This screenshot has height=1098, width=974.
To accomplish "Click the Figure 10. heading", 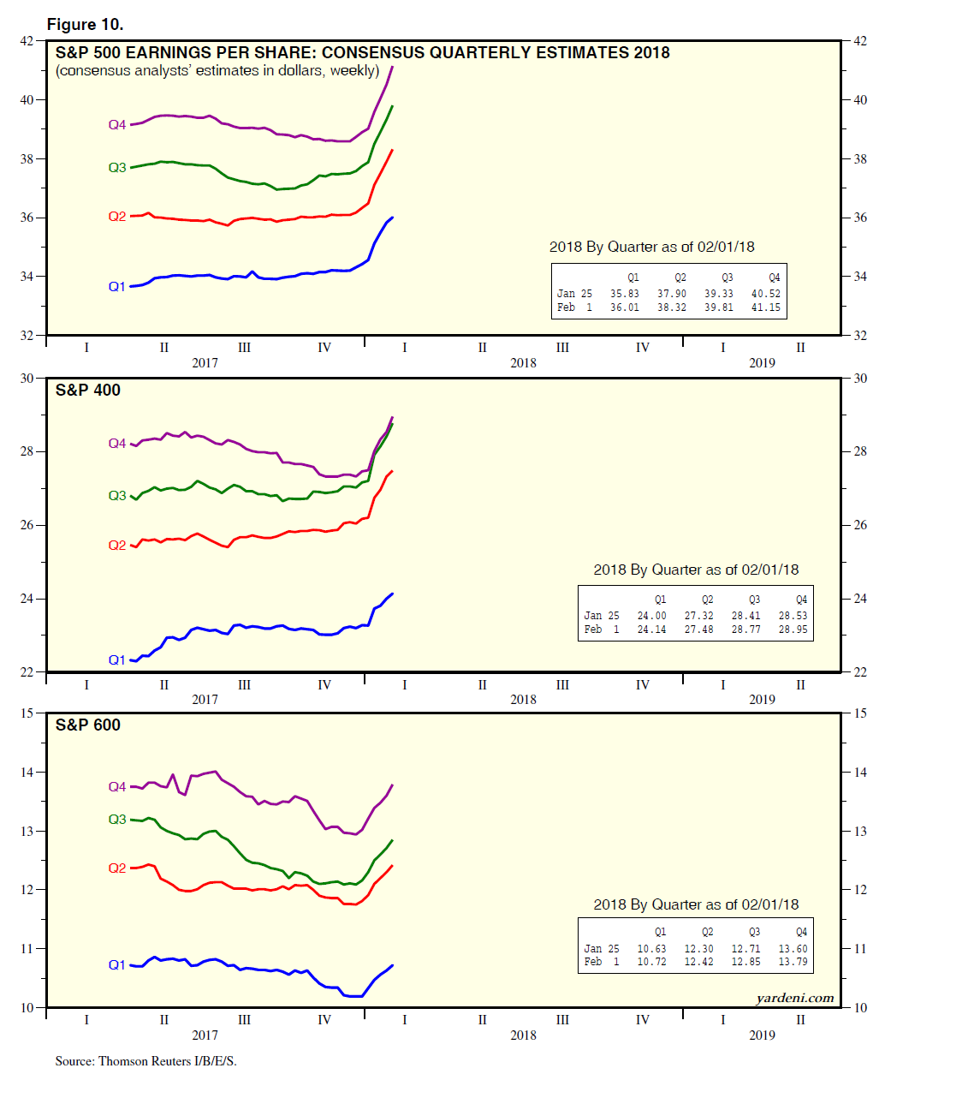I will tap(85, 24).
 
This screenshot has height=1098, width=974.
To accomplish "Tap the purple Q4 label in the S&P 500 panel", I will tap(117, 125).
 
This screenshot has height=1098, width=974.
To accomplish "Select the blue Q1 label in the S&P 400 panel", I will tap(117, 660).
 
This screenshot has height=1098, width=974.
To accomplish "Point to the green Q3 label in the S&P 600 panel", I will tap(117, 820).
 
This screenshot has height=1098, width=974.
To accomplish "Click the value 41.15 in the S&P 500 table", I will tap(765, 307).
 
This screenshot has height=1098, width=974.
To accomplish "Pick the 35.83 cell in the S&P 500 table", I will tap(624, 294).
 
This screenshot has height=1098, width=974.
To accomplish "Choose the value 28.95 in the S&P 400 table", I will tap(793, 630).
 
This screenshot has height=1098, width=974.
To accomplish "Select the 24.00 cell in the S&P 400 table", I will tap(651, 616).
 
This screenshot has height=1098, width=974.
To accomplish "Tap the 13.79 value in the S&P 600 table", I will tap(793, 962).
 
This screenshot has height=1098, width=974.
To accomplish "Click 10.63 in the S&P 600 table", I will tap(651, 949).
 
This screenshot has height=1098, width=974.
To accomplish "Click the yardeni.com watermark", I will tap(794, 998).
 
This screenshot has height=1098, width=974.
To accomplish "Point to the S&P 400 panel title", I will tap(88, 391).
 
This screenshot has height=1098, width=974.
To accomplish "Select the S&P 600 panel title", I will tap(88, 725).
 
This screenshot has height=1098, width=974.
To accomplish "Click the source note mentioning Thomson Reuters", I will tap(146, 1061).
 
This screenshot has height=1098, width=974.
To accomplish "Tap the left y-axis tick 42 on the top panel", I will tap(27, 41).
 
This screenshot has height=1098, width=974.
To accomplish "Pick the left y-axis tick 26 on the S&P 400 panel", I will tap(27, 525).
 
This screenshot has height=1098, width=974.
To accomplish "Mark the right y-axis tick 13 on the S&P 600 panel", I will tap(860, 831).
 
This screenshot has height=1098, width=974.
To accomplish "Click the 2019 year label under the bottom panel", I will tap(762, 1035).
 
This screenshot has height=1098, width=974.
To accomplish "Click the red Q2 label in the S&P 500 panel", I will tap(117, 217).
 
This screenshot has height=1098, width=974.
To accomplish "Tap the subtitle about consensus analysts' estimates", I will tap(217, 71).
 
